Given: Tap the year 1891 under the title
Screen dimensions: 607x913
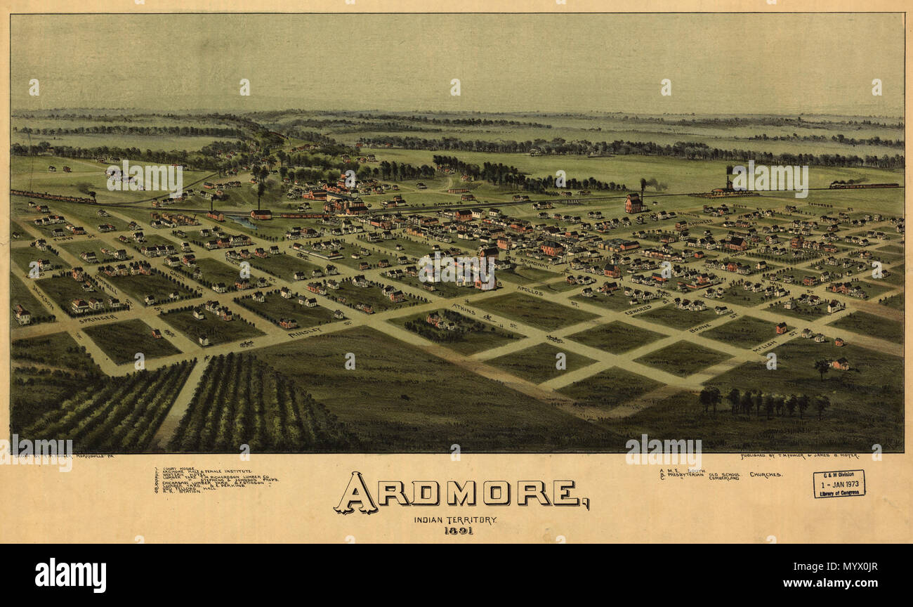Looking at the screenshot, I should [x=458, y=530].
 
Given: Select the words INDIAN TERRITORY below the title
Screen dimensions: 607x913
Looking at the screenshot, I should [x=455, y=519].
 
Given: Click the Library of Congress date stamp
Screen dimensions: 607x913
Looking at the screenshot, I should [x=839, y=484].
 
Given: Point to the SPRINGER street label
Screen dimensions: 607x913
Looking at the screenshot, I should [x=98, y=319].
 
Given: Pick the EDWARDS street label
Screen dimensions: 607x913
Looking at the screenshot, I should [x=638, y=308].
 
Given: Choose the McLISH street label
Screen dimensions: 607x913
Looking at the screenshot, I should [x=765, y=346].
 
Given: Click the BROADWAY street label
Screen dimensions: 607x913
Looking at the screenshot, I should [x=535, y=263].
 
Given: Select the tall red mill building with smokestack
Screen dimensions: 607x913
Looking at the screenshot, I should [x=633, y=203].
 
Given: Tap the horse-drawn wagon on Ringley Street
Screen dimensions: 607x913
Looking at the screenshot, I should [x=247, y=344].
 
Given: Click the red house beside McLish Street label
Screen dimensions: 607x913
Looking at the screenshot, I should [x=781, y=328].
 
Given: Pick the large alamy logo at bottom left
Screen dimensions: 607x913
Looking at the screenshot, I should [x=70, y=575].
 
